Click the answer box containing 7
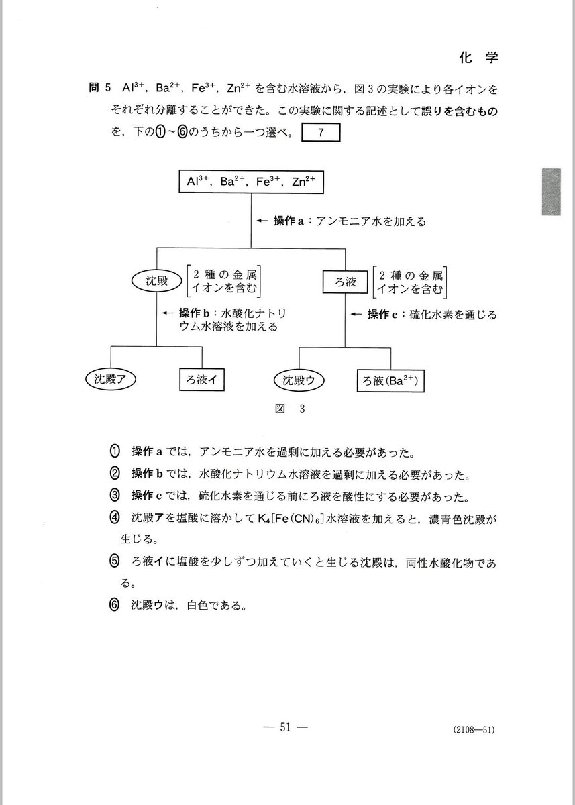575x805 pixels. click(321, 133)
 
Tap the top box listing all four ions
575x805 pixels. click(252, 182)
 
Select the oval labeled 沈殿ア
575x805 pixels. click(111, 380)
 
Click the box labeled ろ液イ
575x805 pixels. click(201, 380)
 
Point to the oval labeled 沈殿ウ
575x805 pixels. click(299, 380)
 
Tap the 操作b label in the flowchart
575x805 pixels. click(194, 313)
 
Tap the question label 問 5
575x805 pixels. click(98, 88)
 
